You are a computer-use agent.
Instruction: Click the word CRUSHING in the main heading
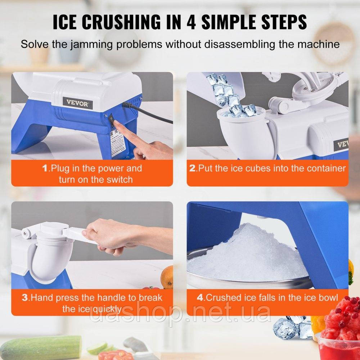(x=121, y=22)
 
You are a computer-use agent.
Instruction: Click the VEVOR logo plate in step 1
(x=78, y=103)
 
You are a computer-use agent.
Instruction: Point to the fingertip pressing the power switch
(x=116, y=124)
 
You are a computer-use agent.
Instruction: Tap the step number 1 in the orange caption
(x=45, y=168)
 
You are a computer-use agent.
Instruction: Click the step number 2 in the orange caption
(x=192, y=168)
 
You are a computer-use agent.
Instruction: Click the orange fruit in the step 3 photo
(x=167, y=277)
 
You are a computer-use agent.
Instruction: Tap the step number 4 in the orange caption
(x=200, y=298)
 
